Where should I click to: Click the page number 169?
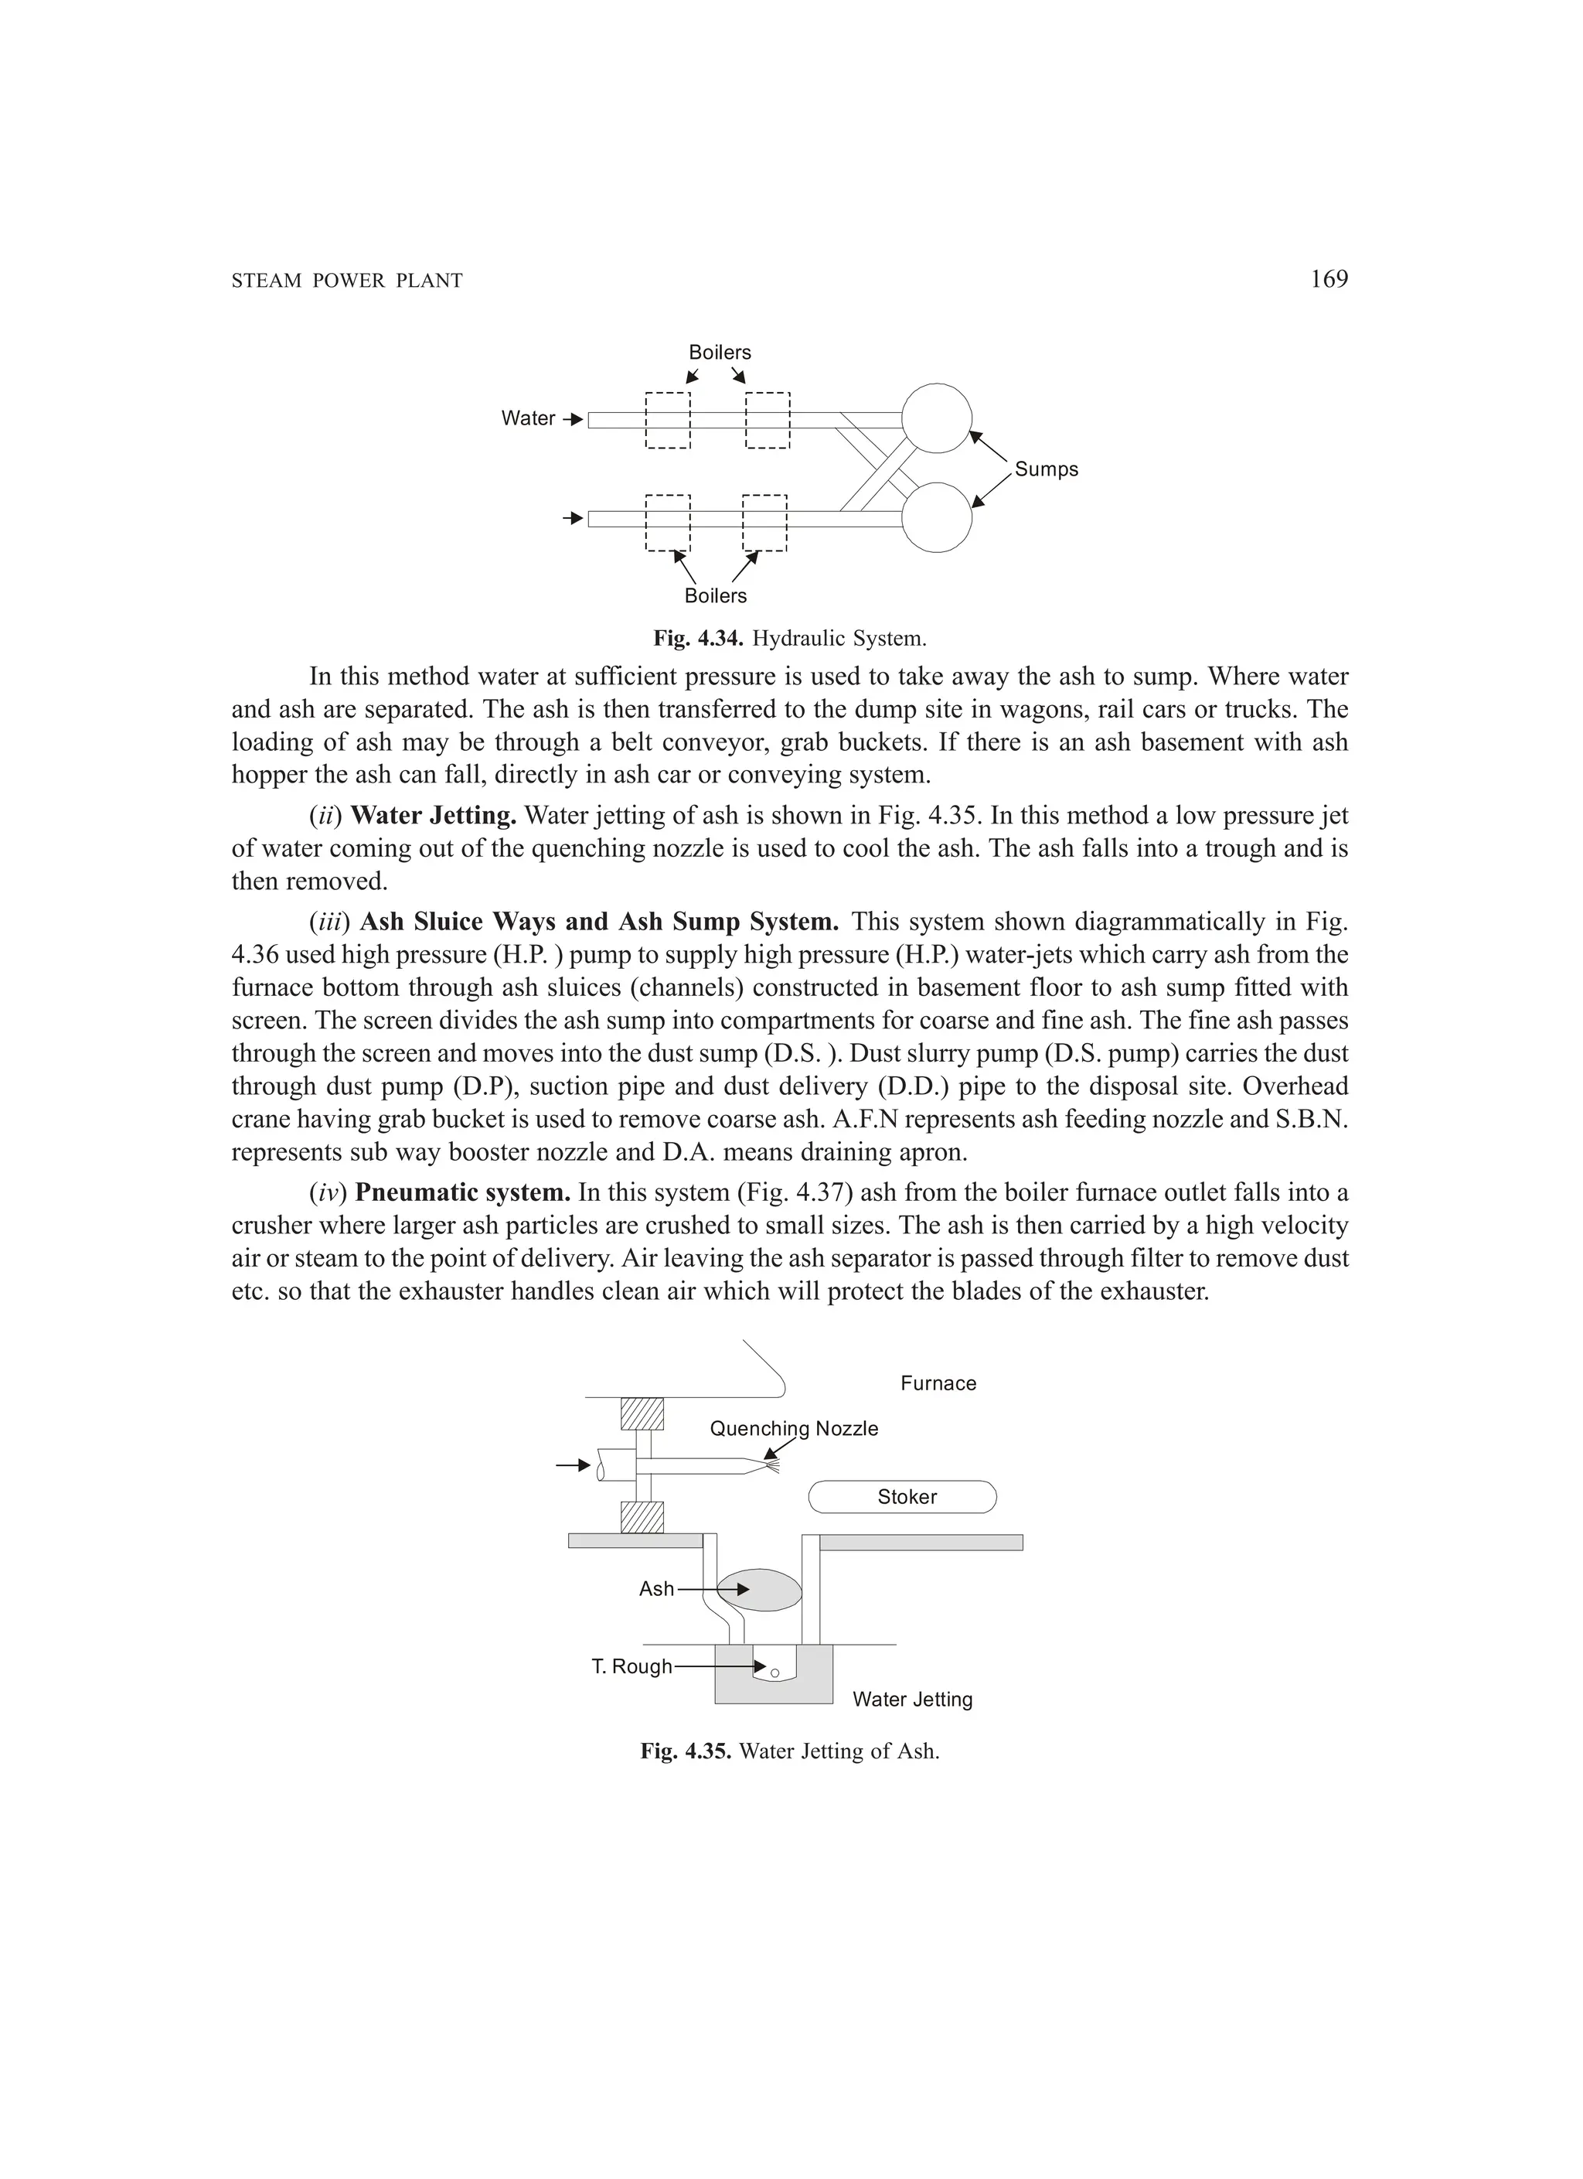[x=1329, y=280]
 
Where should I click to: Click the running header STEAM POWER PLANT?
[x=347, y=281]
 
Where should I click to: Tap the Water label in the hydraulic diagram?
[x=527, y=419]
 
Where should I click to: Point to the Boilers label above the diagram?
[x=720, y=353]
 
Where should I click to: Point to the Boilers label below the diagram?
[x=715, y=597]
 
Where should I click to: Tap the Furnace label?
[x=938, y=1383]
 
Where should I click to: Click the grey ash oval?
[x=759, y=1590]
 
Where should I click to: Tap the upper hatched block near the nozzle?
[x=642, y=1413]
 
